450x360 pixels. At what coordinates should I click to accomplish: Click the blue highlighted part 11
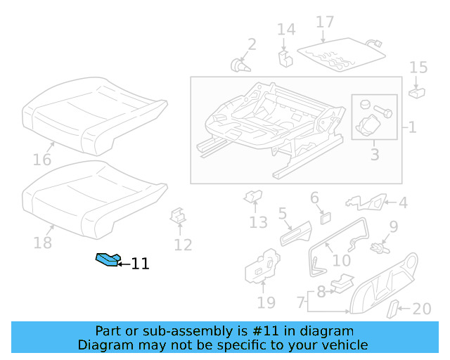[108, 261]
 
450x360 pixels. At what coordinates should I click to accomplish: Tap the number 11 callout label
[140, 264]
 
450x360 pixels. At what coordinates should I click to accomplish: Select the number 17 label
[325, 22]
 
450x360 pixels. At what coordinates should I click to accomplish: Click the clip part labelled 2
[241, 65]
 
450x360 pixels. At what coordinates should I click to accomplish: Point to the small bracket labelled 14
[285, 56]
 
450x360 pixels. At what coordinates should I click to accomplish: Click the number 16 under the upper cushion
[42, 160]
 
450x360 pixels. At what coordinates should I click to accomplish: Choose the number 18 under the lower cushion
[43, 243]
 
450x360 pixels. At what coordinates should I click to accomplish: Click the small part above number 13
[252, 198]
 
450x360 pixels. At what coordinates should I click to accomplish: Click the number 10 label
[341, 260]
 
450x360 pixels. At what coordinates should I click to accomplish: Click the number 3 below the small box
[374, 153]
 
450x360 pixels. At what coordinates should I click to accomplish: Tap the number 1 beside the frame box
[412, 129]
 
